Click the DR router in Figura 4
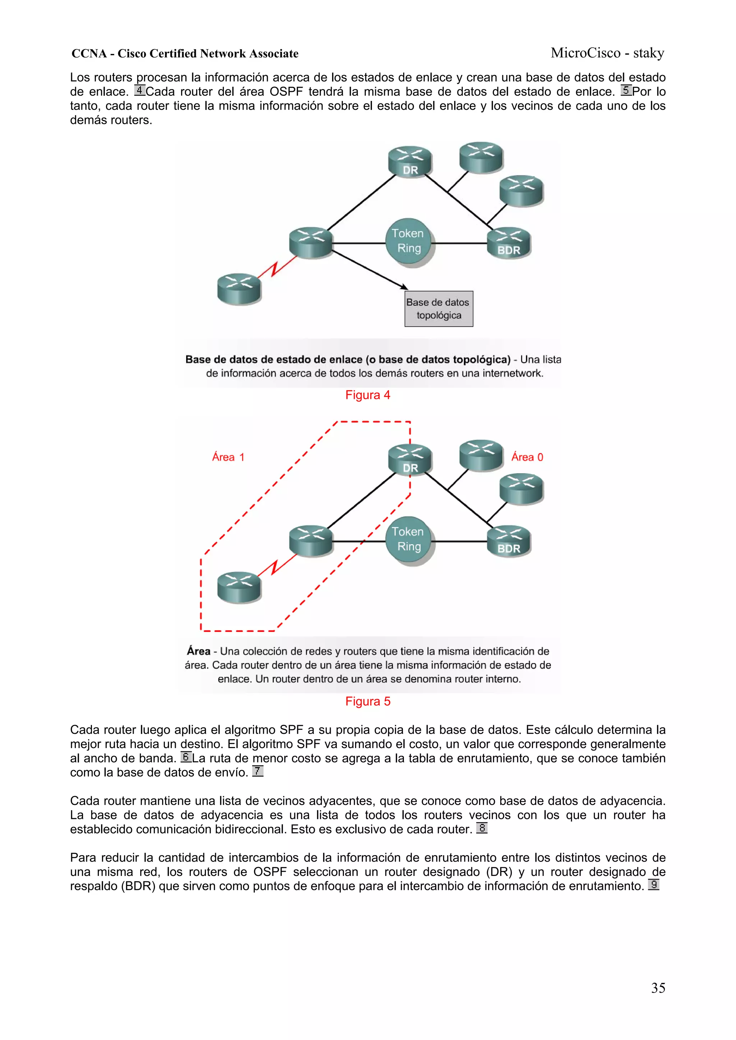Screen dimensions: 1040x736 click(410, 161)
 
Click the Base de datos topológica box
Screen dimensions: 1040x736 click(438, 309)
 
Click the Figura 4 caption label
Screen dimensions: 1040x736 click(367, 395)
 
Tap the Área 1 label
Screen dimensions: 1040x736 click(228, 457)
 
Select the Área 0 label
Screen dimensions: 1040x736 click(527, 457)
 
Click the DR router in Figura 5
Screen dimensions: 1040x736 click(410, 459)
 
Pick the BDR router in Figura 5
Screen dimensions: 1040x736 click(509, 541)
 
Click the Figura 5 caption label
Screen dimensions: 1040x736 click(367, 701)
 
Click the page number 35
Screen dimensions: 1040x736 click(658, 988)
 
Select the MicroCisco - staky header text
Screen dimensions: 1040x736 click(607, 53)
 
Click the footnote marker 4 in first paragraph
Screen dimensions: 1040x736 click(140, 90)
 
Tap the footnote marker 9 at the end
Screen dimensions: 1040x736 click(653, 885)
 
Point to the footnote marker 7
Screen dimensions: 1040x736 click(258, 771)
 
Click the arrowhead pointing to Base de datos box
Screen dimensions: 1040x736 click(404, 287)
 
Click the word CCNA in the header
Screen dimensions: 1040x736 click(89, 54)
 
